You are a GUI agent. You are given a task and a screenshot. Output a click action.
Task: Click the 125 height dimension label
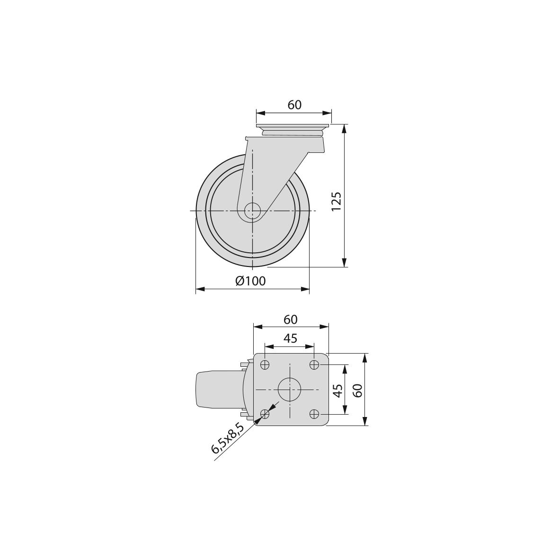[336, 201]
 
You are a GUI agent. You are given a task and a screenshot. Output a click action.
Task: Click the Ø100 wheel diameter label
[250, 281]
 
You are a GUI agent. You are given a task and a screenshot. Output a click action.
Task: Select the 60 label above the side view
[294, 105]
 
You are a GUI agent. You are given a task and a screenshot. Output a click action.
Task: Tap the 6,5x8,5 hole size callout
[228, 439]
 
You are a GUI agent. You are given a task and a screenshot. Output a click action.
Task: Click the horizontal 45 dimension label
[290, 338]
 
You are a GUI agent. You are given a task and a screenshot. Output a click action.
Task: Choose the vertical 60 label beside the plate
[358, 390]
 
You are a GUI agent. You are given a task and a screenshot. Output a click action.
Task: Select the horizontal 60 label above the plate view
[291, 320]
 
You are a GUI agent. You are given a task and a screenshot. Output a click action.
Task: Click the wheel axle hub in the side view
[253, 211]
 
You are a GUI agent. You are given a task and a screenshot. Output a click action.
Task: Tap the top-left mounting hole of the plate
[265, 364]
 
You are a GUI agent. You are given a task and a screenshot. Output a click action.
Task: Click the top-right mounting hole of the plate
[314, 364]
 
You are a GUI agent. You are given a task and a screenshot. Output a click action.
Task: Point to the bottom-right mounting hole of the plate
[314, 414]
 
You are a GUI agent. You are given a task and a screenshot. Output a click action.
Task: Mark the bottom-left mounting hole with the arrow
[265, 414]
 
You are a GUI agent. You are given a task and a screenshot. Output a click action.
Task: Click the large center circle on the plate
[289, 390]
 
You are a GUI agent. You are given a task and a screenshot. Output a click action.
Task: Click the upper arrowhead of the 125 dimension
[345, 128]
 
